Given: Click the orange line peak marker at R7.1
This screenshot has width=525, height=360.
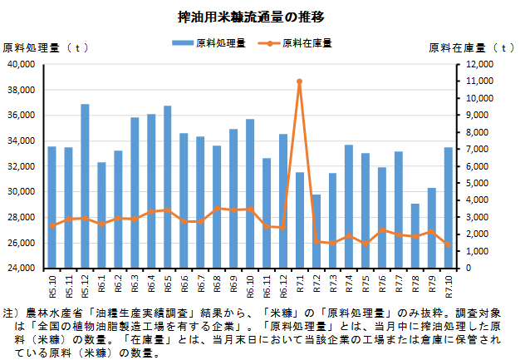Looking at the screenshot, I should [299, 81].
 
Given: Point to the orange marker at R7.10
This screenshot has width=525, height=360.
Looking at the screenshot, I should [448, 244].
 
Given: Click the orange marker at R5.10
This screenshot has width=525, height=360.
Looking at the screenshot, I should [52, 225].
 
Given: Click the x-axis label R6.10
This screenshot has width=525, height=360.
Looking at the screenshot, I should [250, 284].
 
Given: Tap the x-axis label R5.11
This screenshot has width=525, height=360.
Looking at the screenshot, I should [69, 284].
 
